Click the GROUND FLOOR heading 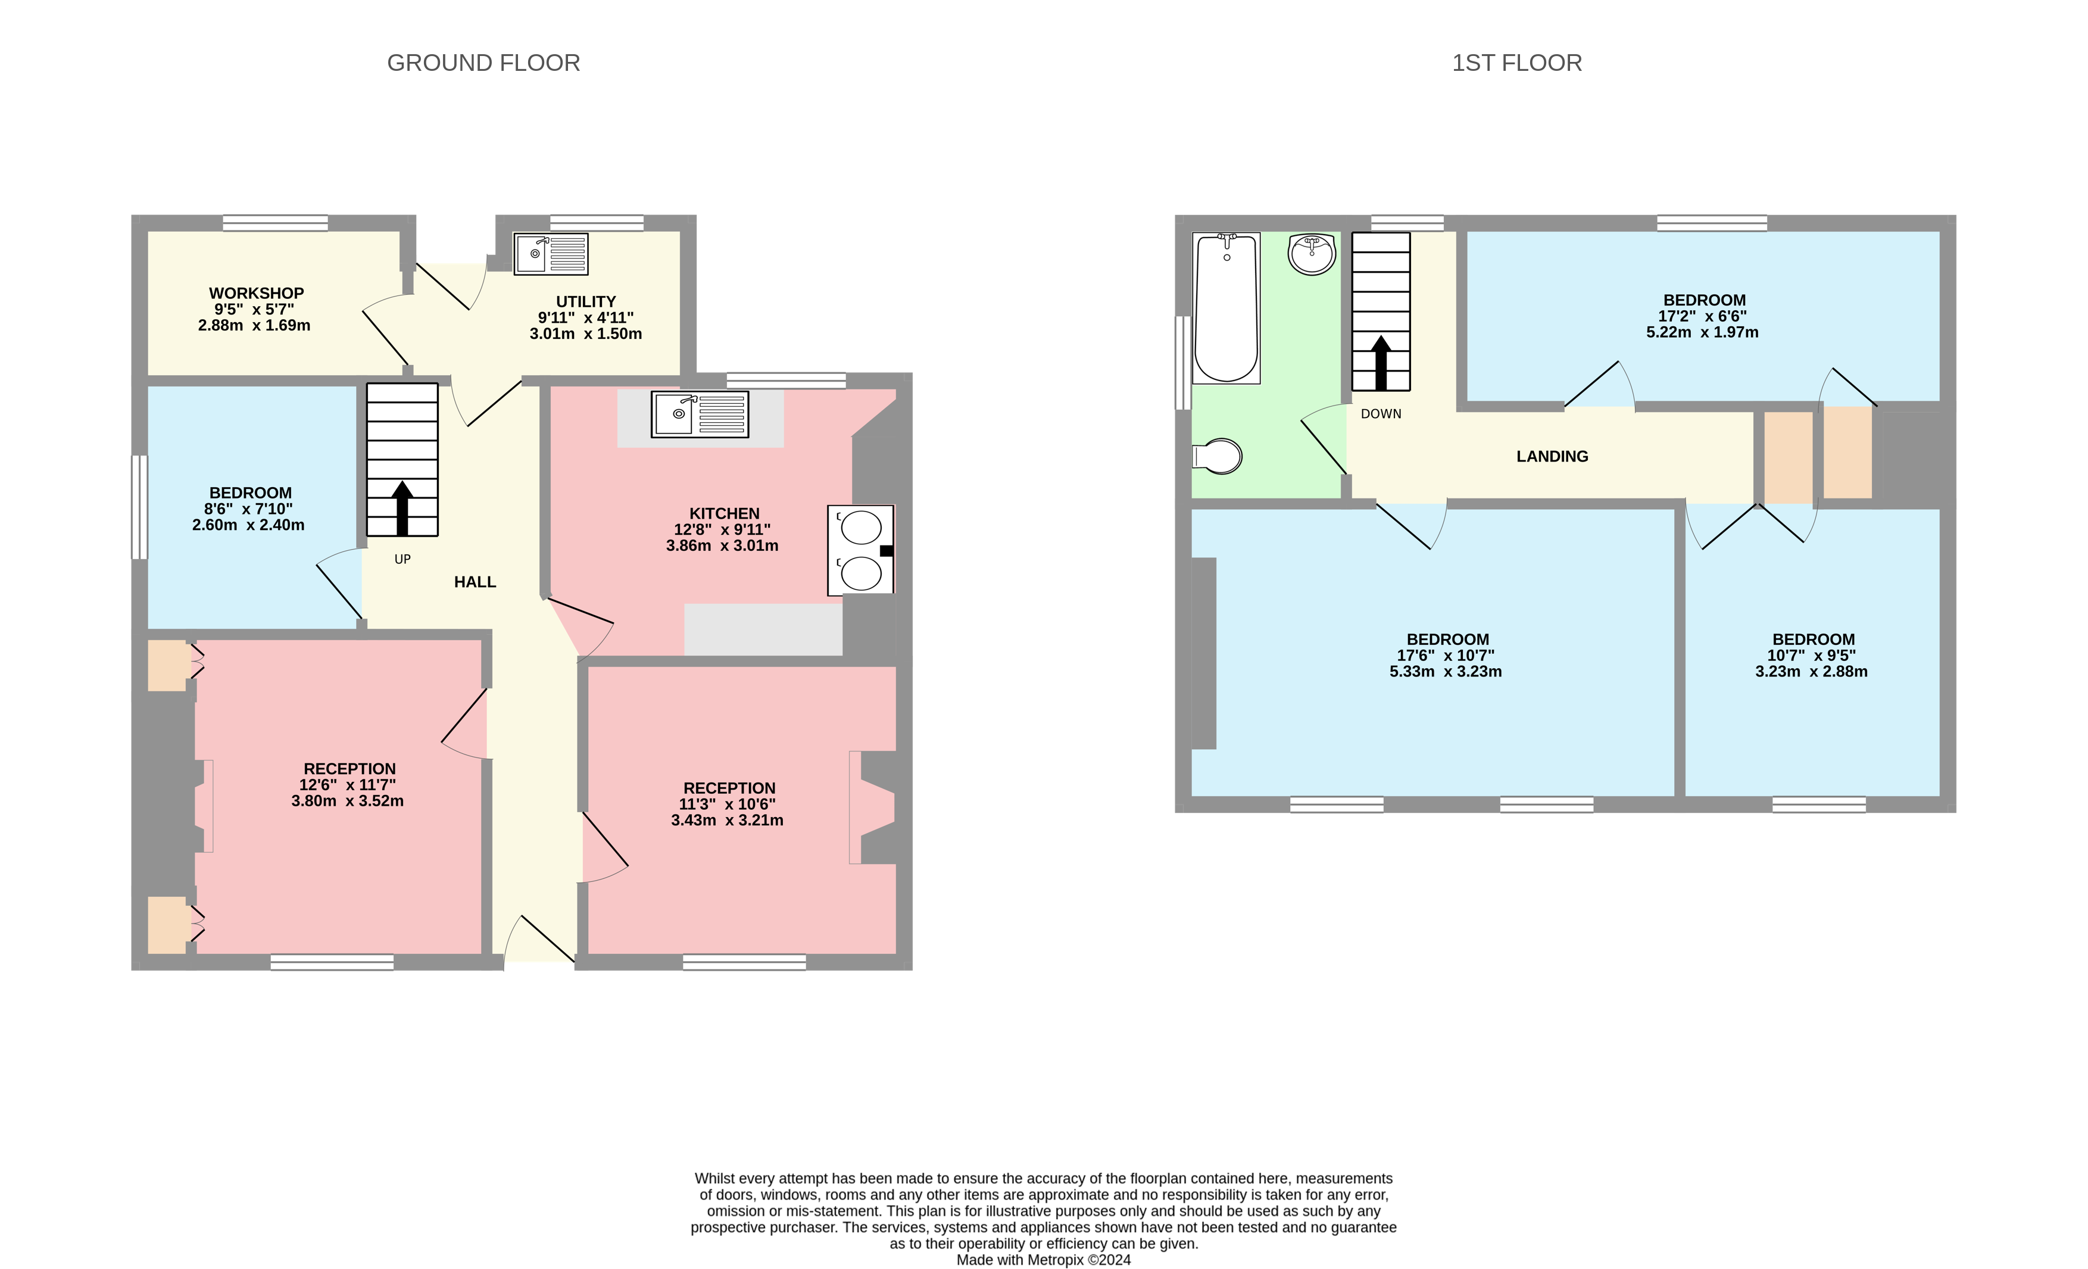tap(483, 63)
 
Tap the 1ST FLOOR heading tap(1516, 63)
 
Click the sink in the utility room tap(551, 254)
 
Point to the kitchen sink tap(699, 414)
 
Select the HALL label tap(475, 582)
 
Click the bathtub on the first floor tap(1225, 308)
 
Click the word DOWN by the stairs tap(1381, 414)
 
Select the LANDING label tap(1552, 456)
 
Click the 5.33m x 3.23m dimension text tap(1445, 671)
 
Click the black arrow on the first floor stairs tap(1381, 362)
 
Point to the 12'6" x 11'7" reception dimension tap(348, 785)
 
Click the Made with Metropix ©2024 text tap(1043, 1259)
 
